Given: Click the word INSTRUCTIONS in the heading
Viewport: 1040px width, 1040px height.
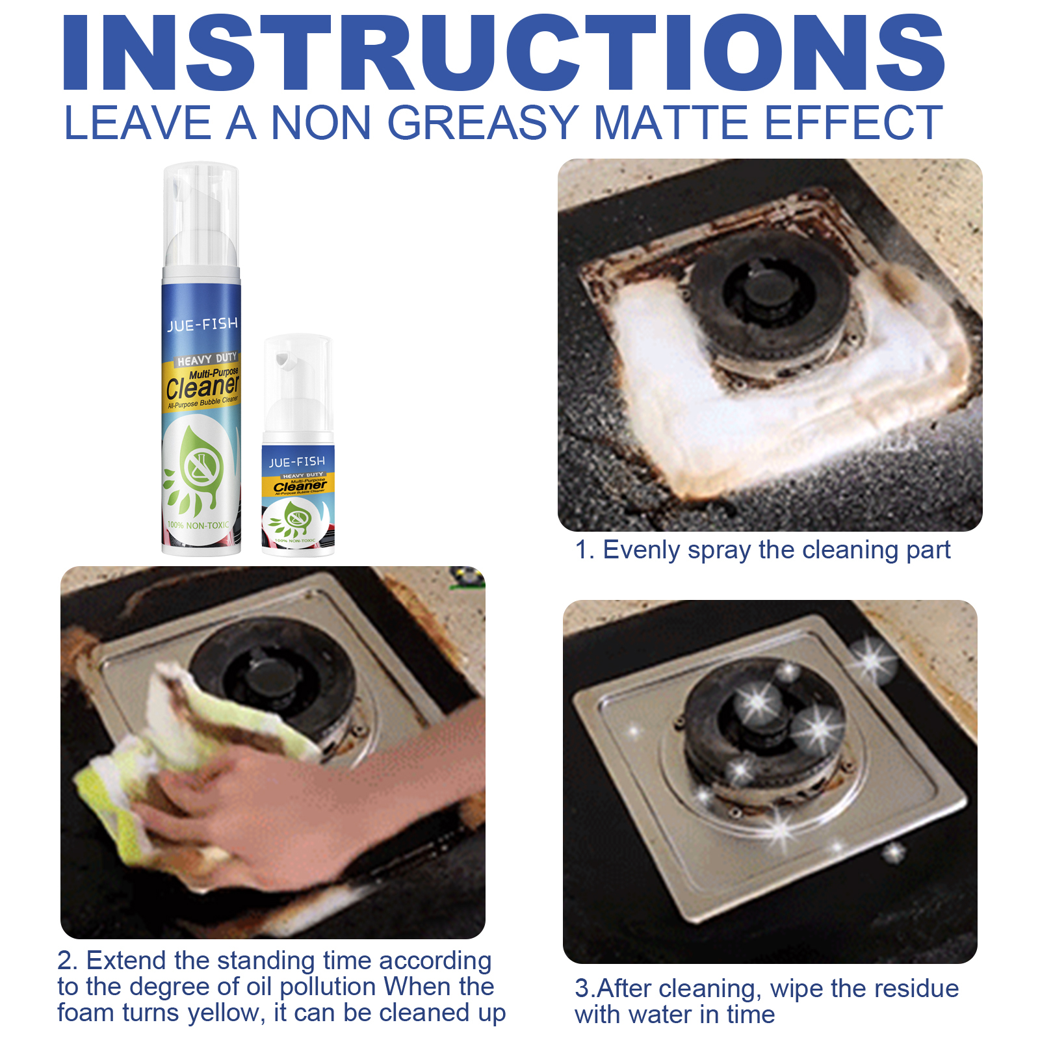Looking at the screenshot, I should (504, 53).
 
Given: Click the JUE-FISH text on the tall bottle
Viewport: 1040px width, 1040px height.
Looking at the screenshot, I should (202, 324).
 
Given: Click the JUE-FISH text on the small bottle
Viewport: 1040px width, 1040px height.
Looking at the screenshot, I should (297, 461).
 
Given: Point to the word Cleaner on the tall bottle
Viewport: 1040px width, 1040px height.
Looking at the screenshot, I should (202, 387).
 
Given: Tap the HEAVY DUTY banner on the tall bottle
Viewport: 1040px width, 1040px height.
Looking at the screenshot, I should (207, 359).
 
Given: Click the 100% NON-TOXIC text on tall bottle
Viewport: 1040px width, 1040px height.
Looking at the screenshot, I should (198, 525).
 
